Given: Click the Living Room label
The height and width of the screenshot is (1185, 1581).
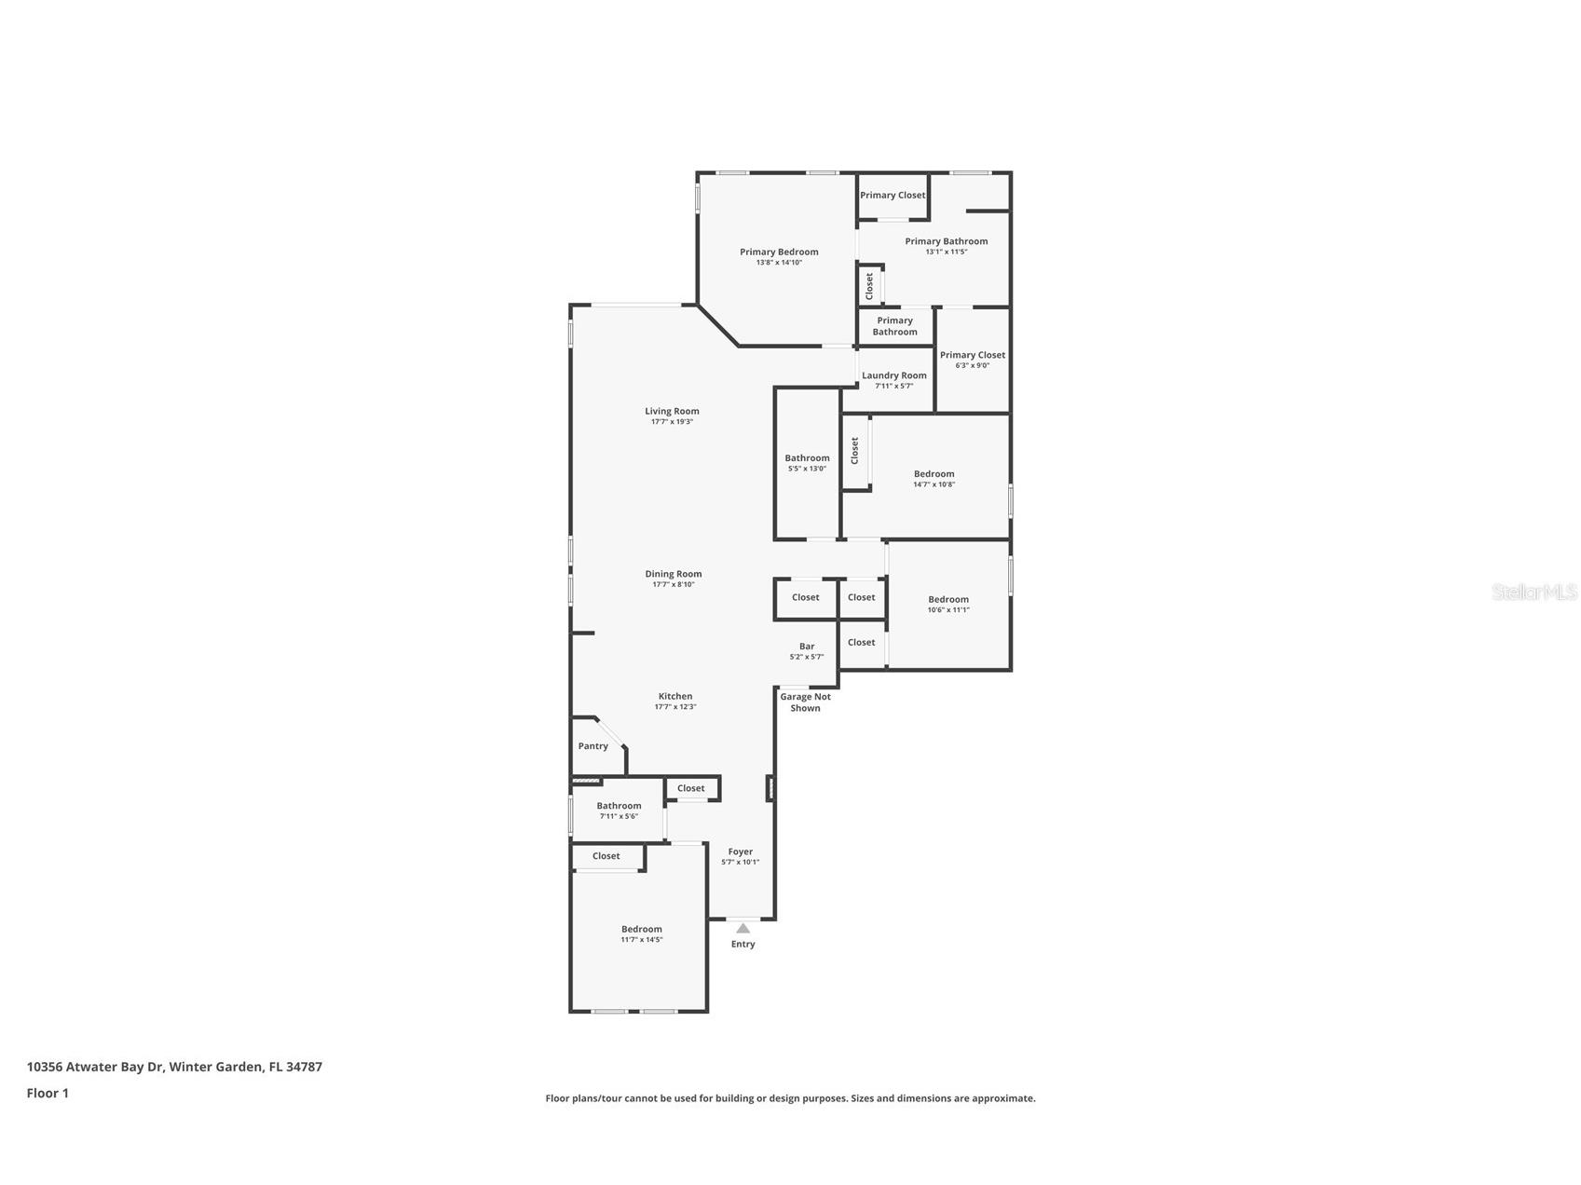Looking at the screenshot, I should point(672,411).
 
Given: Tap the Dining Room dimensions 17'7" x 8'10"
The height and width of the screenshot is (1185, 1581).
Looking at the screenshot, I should point(674,585).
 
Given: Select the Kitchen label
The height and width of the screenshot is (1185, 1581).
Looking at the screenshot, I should point(675,696).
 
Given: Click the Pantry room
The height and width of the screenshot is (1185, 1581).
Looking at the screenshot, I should point(593,746).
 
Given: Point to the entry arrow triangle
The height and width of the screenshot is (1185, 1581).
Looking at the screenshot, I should point(743,928).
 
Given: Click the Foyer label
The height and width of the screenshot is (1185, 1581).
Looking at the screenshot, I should point(741,851).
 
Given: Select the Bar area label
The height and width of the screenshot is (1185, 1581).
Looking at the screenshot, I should point(807,647).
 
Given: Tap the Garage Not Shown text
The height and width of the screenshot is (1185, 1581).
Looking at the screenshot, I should point(805,702).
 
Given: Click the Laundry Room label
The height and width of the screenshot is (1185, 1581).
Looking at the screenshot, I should point(894,375).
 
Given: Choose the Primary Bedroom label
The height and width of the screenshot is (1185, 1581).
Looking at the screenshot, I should point(779,252).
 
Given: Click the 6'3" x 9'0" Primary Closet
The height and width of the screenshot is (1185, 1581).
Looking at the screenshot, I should point(973,360).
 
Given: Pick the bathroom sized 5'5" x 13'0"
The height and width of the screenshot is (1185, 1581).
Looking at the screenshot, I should point(807,463).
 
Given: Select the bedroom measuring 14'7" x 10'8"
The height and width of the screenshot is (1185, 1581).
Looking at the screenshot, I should point(934,479).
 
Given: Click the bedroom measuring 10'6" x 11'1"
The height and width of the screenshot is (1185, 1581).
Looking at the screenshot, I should point(948,605).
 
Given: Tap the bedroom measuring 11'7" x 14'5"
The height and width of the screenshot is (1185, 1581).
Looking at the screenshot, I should point(642,933).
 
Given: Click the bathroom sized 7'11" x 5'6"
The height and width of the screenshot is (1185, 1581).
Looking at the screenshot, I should point(619,810).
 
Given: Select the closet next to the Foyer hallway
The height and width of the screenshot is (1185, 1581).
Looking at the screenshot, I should point(691,788).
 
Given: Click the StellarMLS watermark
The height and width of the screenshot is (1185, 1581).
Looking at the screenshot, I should point(1533,592).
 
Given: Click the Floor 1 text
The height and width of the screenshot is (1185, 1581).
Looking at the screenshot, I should point(48,1094).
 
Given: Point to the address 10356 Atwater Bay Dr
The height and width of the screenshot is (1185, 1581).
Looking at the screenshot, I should point(174,1067).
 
